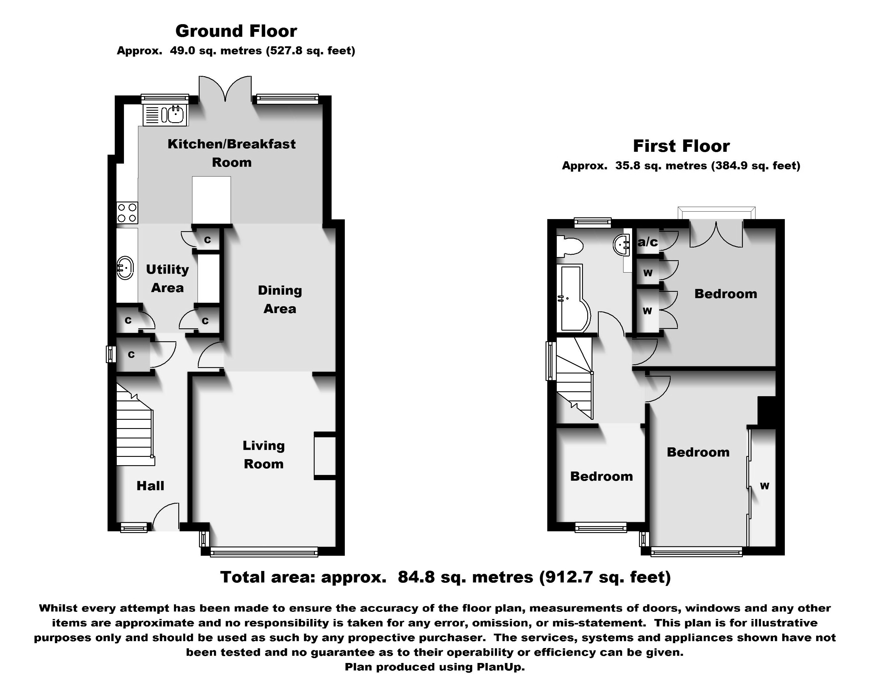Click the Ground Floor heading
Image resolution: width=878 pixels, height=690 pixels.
[x=236, y=31]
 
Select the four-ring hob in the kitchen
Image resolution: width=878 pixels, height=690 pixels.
[x=127, y=213]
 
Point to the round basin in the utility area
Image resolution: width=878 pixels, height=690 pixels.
[x=125, y=267]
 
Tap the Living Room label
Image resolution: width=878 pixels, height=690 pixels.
[x=263, y=455]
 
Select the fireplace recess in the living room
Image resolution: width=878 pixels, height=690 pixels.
[x=325, y=456]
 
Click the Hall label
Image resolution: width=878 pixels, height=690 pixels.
[x=150, y=486]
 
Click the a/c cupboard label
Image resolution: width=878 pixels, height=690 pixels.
[x=647, y=242]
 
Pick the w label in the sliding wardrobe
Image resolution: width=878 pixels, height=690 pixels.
[x=764, y=486]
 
